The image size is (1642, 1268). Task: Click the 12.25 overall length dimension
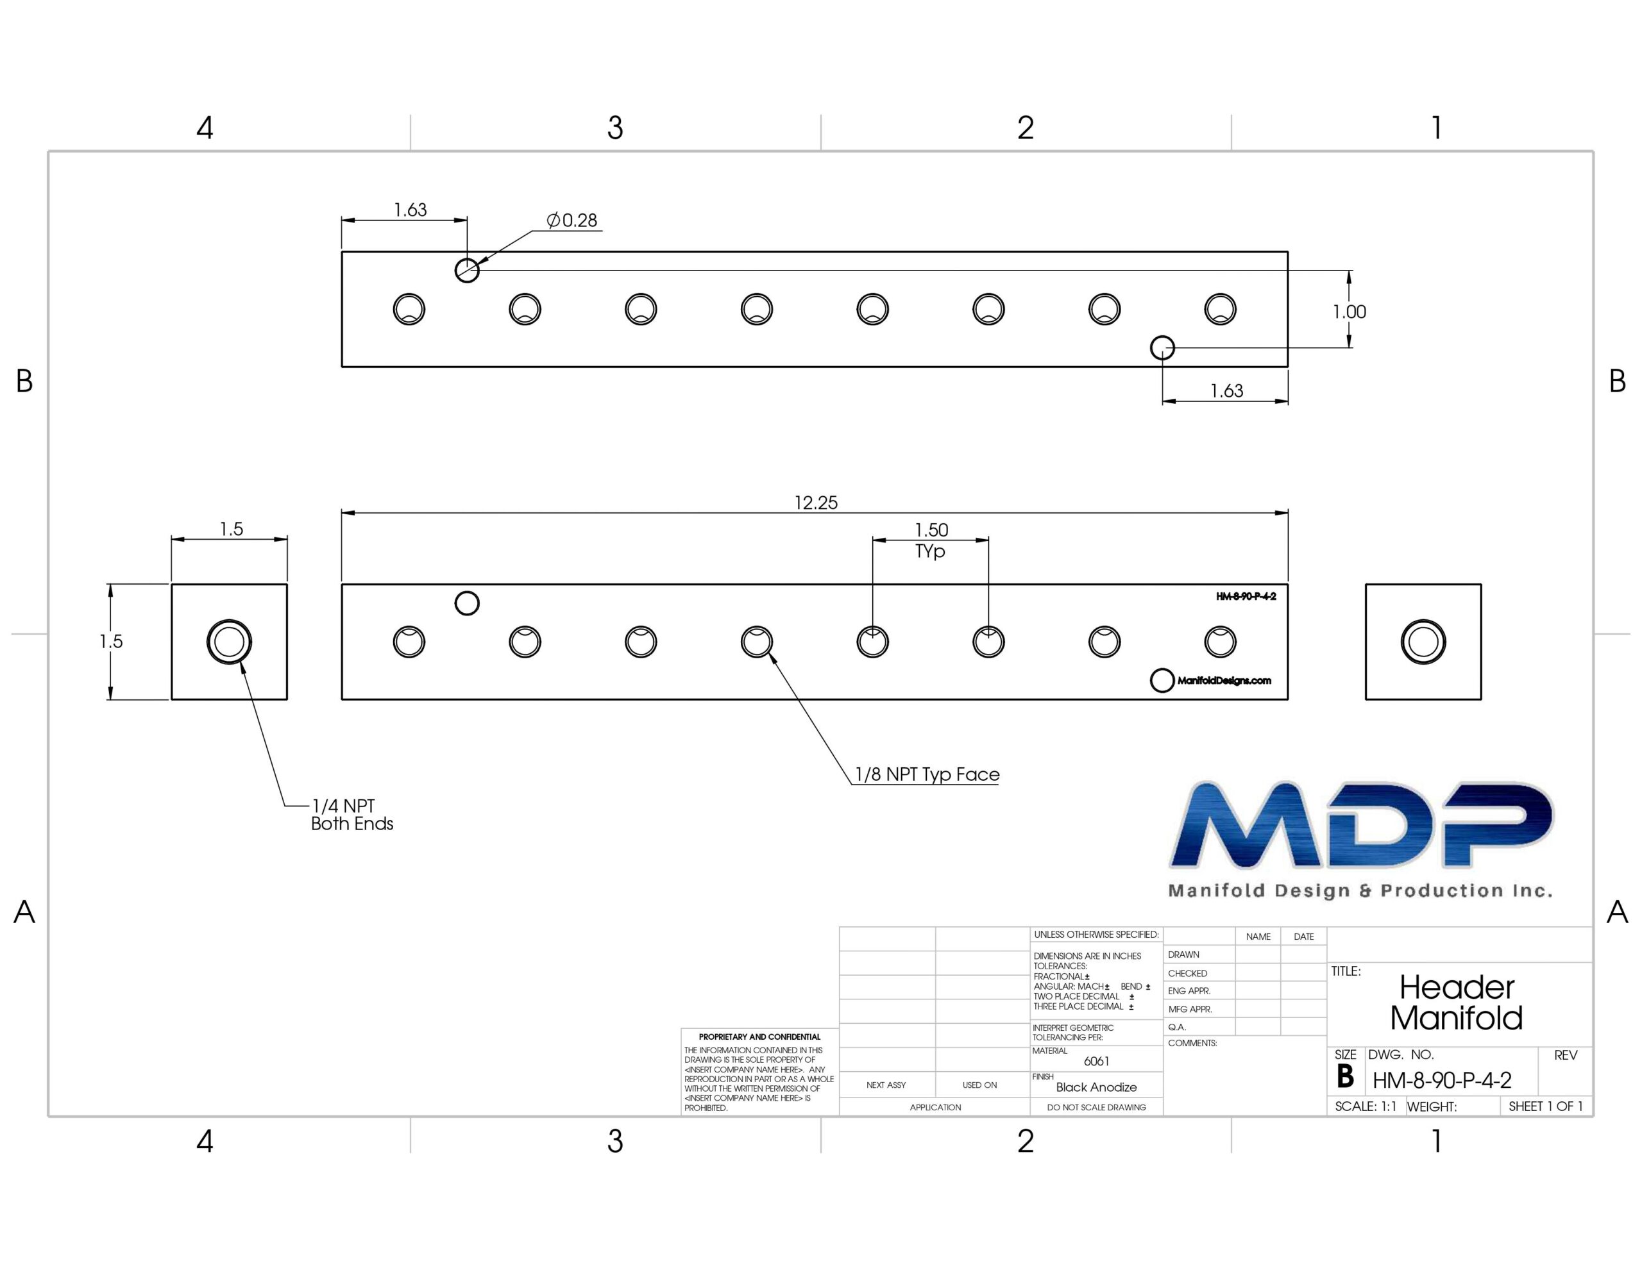click(x=816, y=502)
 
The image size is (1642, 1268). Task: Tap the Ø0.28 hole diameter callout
click(x=571, y=221)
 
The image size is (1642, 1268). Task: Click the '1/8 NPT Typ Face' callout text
click(x=927, y=774)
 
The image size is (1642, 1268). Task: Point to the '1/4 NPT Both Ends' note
click(x=352, y=815)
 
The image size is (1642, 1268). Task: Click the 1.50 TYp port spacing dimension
click(x=931, y=540)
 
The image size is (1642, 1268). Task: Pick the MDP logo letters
click(x=1362, y=825)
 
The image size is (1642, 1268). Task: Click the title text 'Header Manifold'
click(x=1456, y=1003)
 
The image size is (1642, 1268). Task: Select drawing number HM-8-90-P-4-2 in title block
click(x=1442, y=1080)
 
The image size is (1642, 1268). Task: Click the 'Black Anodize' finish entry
click(x=1096, y=1087)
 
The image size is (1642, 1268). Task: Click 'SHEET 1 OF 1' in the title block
click(x=1546, y=1106)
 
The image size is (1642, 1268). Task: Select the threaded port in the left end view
click(x=230, y=642)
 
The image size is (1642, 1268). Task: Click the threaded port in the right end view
click(x=1423, y=642)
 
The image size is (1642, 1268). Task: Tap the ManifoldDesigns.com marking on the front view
click(x=1224, y=681)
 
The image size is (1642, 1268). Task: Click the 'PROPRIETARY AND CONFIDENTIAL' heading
click(x=759, y=1037)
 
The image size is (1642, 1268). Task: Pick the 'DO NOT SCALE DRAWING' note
click(x=1096, y=1107)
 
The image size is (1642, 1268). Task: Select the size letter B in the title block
click(x=1345, y=1077)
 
